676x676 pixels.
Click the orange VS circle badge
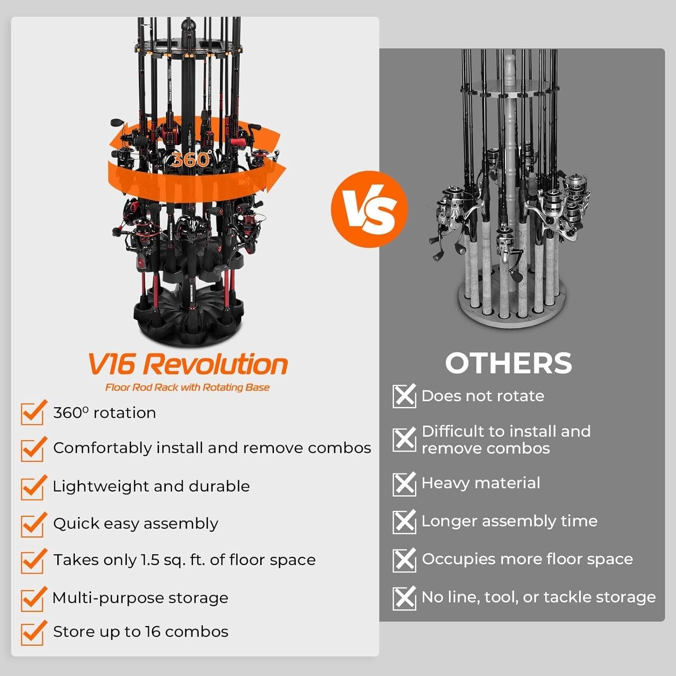pos(369,209)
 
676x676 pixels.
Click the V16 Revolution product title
pos(187,364)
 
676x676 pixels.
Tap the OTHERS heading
pos(508,363)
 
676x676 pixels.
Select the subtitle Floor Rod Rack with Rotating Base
pos(187,388)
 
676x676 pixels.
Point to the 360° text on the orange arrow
pos(190,160)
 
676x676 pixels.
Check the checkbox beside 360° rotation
pos(32,413)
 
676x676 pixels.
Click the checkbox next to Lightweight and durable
pos(32,488)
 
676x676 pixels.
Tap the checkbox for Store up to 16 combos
pos(32,633)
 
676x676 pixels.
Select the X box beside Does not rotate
pos(404,396)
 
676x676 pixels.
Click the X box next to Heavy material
pos(404,484)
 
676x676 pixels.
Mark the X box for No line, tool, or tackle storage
pos(404,598)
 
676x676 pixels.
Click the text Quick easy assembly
pos(136,524)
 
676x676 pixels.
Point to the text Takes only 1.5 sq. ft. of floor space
pos(184,560)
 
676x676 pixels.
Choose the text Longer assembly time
pos(509,521)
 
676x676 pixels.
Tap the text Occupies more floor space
pos(527,559)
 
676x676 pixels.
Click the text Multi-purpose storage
pos(141,598)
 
